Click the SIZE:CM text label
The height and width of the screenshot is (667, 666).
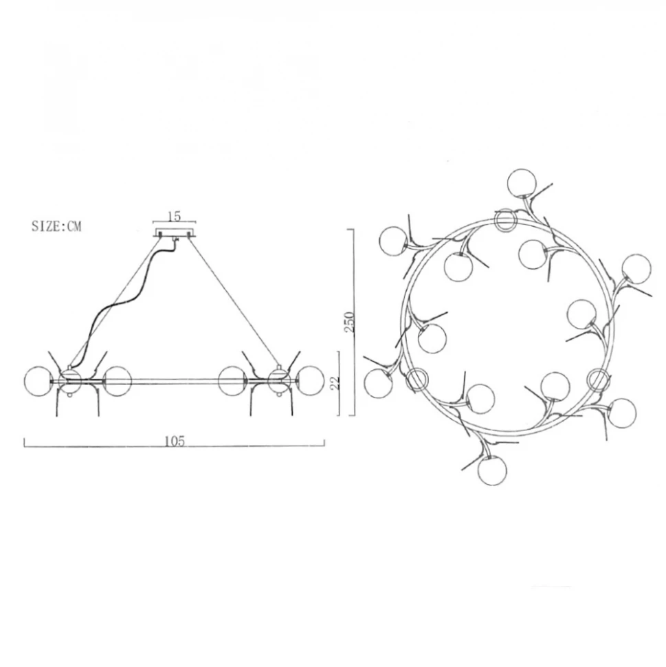tap(56, 226)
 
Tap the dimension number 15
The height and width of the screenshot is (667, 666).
tap(175, 216)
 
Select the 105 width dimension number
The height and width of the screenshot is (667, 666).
tap(175, 441)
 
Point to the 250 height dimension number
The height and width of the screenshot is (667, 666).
tap(349, 322)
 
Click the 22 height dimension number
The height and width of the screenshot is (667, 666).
tap(335, 383)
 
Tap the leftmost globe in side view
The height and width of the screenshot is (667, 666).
tap(38, 381)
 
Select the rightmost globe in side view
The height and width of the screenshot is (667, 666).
tap(311, 381)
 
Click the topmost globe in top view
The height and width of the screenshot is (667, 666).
tap(522, 183)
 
